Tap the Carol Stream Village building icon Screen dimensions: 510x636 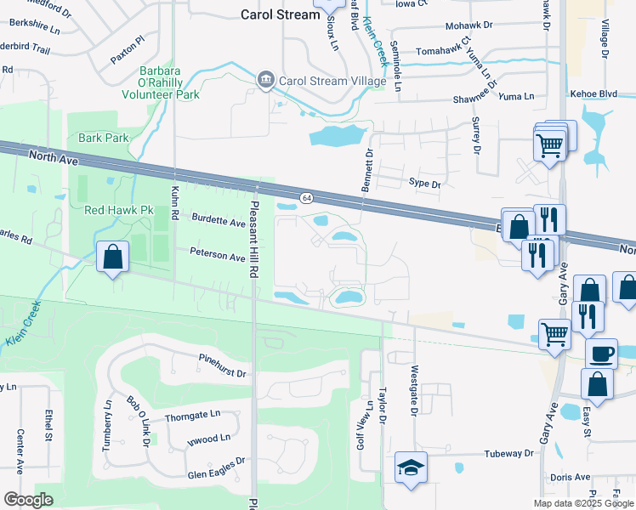pos(265,79)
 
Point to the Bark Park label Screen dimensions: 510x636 pos(101,137)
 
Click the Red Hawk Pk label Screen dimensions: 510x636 pos(118,209)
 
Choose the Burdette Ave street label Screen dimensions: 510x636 pos(217,223)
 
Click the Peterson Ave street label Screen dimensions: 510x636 pos(217,255)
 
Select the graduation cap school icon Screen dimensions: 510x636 pos(411,467)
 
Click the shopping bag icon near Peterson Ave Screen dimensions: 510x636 pos(112,258)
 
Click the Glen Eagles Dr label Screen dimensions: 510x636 pos(216,463)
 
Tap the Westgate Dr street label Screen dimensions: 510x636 pos(414,391)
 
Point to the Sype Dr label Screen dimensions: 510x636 pos(425,183)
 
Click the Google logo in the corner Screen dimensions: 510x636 pos(28,500)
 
